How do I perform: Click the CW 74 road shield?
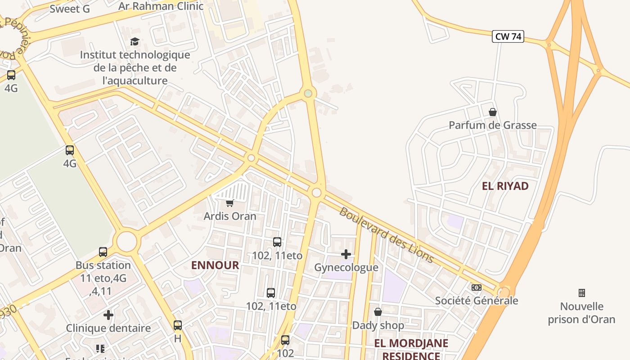508,36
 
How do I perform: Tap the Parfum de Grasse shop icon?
493,112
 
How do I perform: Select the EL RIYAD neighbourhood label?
505,186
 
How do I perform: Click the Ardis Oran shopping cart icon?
230,203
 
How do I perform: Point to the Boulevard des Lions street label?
386,235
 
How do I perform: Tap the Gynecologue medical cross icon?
346,254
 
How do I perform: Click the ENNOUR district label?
215,265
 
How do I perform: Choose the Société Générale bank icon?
476,287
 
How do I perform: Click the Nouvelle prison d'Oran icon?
581,293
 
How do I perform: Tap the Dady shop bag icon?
378,312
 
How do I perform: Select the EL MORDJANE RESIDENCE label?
411,349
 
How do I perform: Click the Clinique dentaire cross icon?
108,315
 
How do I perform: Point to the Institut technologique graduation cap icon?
135,42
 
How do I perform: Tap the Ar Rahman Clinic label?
161,6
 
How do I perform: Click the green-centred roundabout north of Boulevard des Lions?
308,93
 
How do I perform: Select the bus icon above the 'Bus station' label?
103,252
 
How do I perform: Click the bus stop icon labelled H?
178,325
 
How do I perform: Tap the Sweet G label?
70,9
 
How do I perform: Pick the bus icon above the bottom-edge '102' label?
285,340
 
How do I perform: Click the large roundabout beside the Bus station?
126,242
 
